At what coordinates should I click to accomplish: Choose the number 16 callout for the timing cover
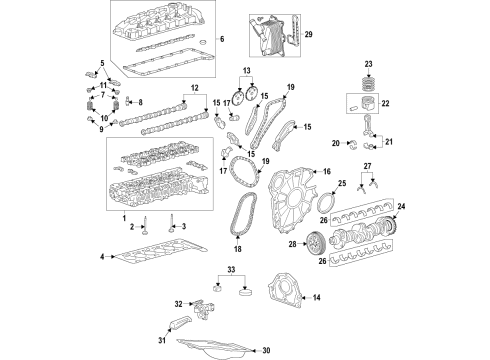325,173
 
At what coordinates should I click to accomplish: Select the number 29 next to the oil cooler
308,35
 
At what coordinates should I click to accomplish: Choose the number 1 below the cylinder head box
123,218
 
